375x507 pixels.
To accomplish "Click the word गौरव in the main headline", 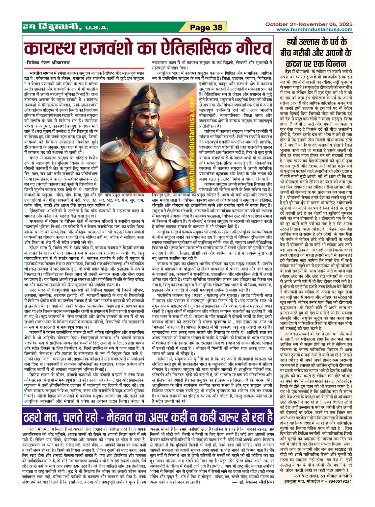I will pos(248,48).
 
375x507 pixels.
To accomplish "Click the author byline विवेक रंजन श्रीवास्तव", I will pos(46,62).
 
